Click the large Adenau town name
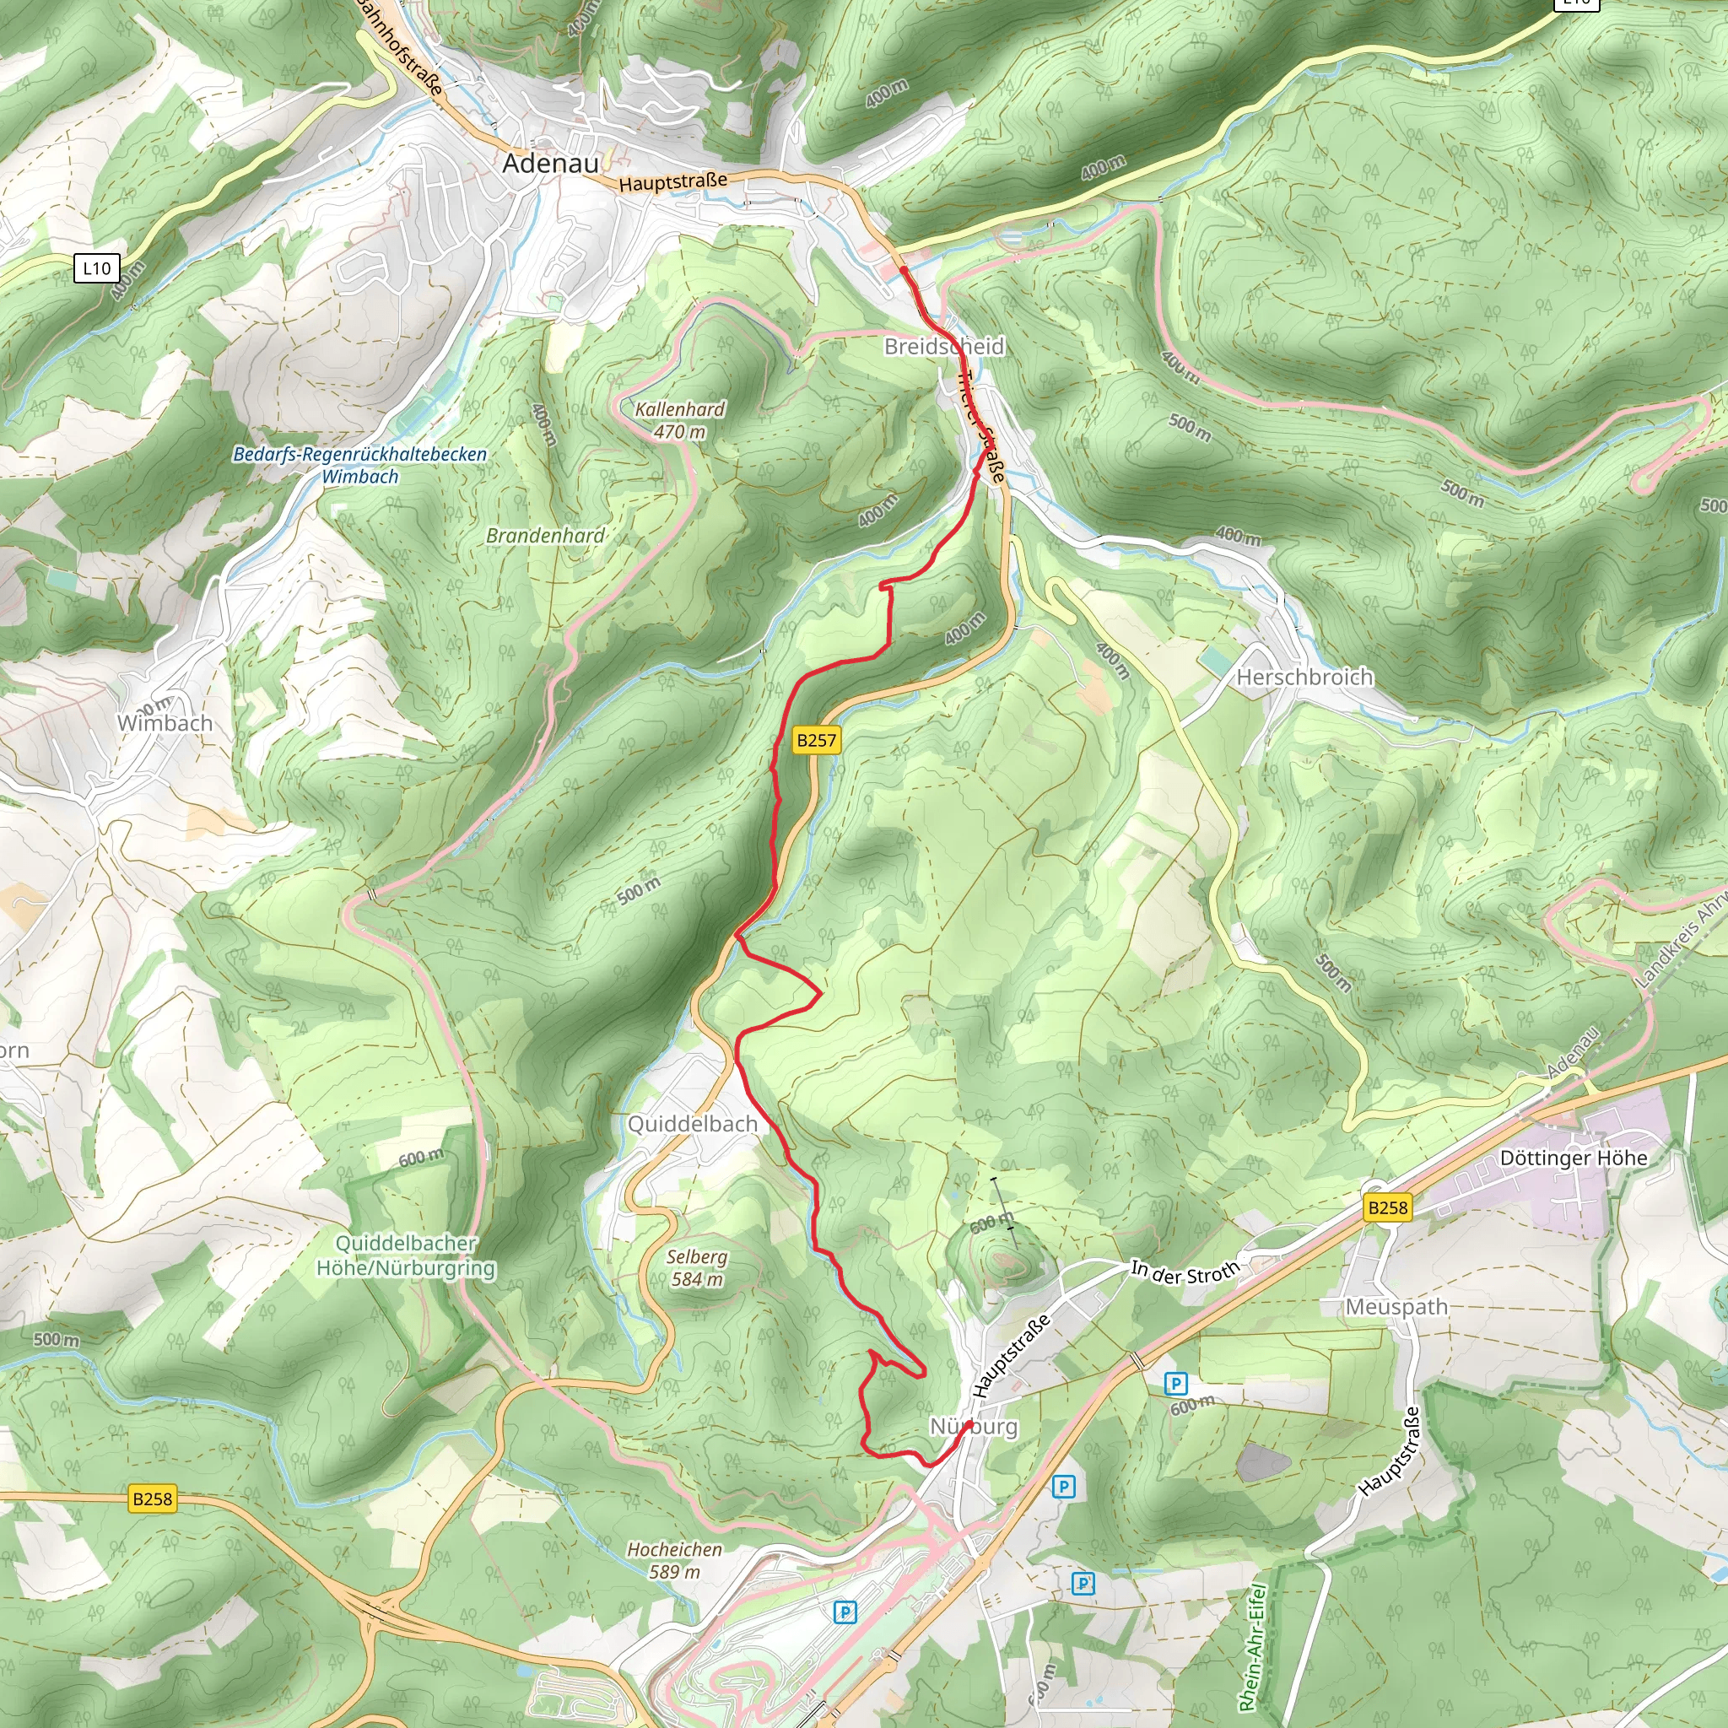coord(550,164)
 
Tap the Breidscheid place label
coord(943,346)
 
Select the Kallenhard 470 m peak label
coord(680,420)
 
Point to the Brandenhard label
coord(546,536)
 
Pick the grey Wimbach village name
coord(165,723)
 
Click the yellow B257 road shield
coord(817,740)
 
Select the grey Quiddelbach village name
coord(692,1123)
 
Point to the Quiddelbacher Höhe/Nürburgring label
coord(405,1255)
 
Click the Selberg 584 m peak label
coord(697,1267)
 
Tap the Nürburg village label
coord(974,1426)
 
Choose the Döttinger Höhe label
coord(1573,1158)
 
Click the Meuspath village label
coord(1396,1307)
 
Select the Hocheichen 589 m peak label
coord(674,1560)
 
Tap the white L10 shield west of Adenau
coord(96,268)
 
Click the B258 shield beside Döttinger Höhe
coord(1387,1207)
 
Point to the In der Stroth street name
coord(1185,1272)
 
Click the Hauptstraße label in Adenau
coord(672,182)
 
